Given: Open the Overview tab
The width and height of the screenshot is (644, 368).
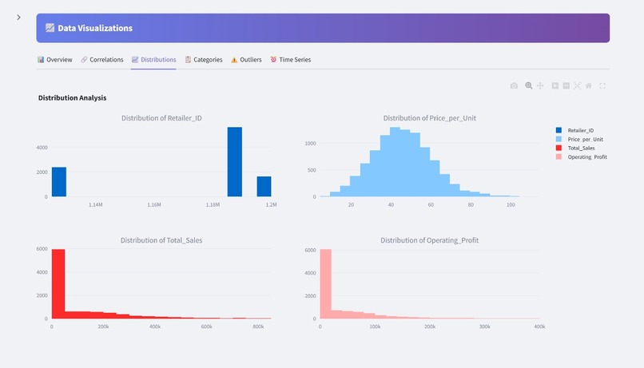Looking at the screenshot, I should (x=55, y=60).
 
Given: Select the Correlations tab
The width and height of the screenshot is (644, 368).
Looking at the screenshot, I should (x=101, y=60).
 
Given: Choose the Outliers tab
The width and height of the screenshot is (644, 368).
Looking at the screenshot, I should (x=246, y=60).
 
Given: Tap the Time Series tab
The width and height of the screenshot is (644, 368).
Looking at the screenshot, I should (x=290, y=60).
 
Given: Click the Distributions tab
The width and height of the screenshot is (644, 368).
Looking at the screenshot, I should (x=153, y=60).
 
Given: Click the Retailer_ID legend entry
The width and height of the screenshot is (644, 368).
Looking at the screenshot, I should (x=580, y=130).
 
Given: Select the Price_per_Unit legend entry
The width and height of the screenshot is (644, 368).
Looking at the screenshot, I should (x=585, y=139).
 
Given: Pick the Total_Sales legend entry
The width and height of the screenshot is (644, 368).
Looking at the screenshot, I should (x=581, y=148).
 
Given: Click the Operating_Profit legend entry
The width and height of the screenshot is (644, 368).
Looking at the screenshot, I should (x=586, y=157).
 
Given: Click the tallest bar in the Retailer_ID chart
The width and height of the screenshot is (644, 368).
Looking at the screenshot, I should (x=234, y=162).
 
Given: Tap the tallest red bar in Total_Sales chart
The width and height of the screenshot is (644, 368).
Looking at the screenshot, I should (x=58, y=283).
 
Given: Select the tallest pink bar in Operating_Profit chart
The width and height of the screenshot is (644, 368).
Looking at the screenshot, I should (x=325, y=283).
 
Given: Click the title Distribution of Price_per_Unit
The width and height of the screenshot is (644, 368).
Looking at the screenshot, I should (x=429, y=118).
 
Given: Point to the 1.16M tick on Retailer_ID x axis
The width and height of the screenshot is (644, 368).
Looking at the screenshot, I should (x=154, y=205).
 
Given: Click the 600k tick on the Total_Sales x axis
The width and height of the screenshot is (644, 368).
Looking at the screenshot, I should (x=207, y=326).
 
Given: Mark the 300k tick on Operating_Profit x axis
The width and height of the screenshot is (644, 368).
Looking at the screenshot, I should (x=484, y=326).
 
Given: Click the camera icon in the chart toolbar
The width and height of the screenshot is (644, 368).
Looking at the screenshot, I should (x=514, y=85).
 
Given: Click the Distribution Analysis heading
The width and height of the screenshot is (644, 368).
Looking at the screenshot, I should (x=72, y=97).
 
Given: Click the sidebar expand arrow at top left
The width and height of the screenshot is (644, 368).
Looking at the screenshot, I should (x=18, y=18).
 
